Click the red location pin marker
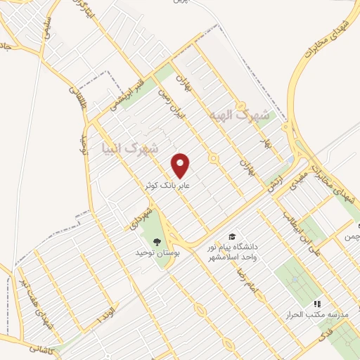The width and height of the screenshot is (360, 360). point(181,165)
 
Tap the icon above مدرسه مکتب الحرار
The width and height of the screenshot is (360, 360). point(317,304)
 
